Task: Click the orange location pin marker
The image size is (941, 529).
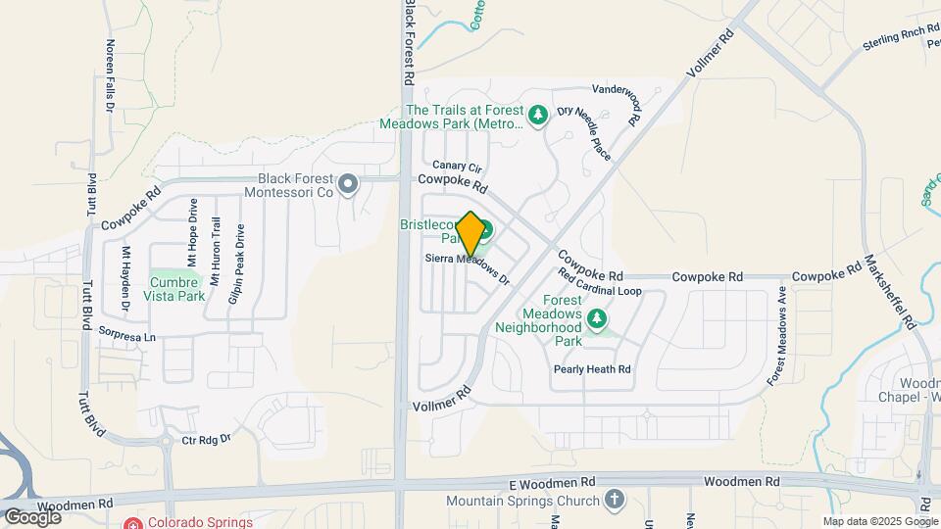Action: (x=470, y=234)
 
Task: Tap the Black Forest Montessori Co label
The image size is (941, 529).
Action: (x=295, y=185)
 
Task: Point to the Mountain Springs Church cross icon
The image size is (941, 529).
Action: (x=614, y=501)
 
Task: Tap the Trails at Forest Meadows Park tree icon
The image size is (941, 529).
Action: (x=538, y=117)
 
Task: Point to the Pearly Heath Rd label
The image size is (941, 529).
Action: (x=591, y=369)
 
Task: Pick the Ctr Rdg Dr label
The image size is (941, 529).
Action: (x=206, y=440)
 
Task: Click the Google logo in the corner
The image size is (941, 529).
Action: (x=31, y=516)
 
